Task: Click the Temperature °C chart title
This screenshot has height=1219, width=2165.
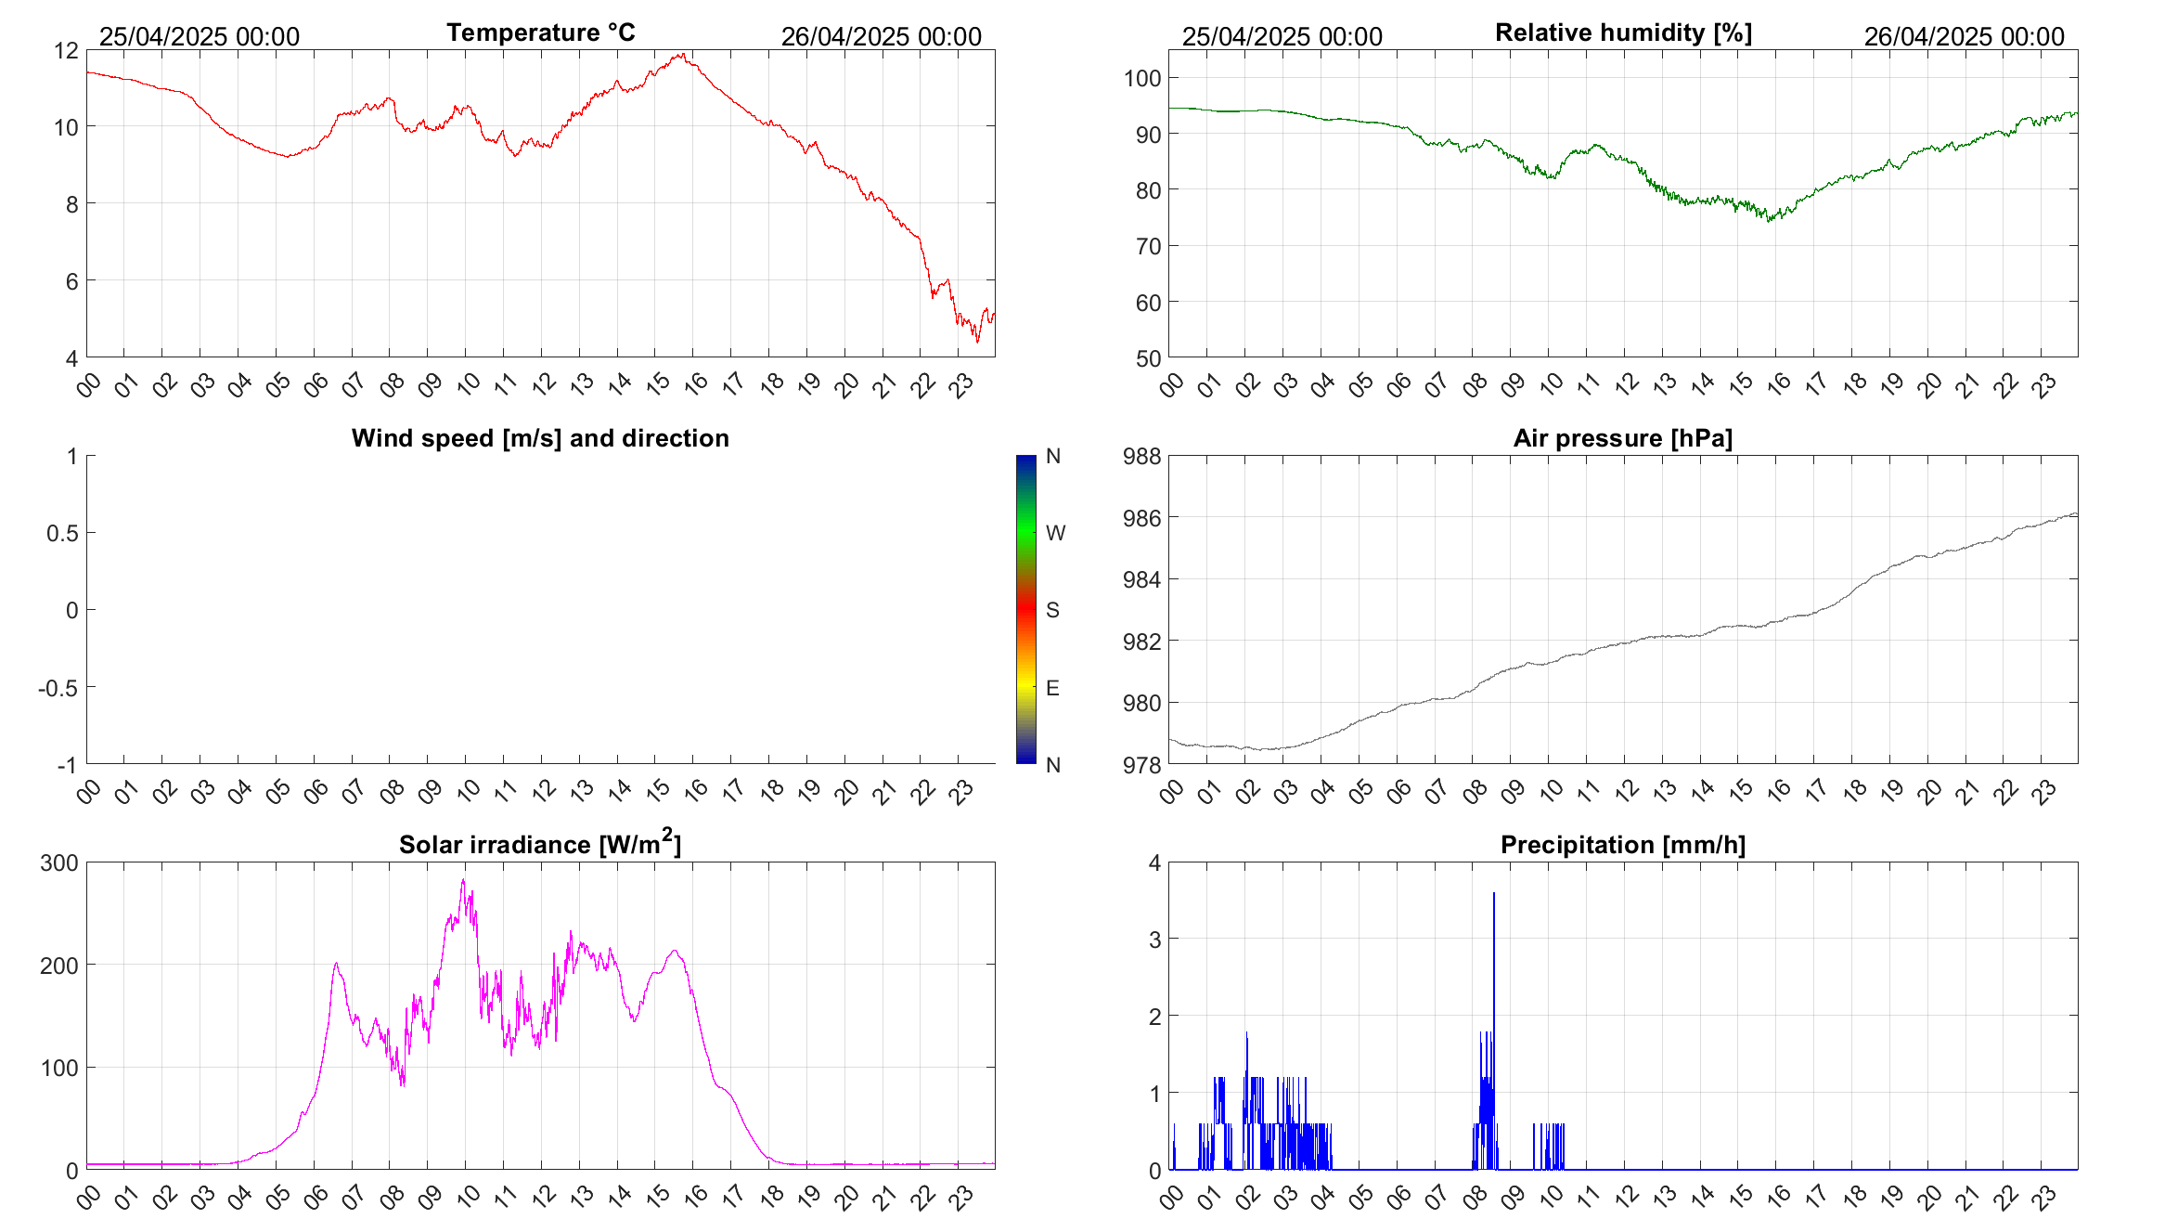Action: click(x=541, y=32)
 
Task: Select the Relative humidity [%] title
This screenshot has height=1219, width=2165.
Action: click(x=1623, y=32)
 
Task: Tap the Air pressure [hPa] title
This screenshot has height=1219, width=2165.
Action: click(x=1623, y=438)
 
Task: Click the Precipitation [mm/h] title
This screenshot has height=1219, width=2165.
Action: click(x=1623, y=845)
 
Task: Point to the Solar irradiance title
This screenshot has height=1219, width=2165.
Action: click(x=540, y=845)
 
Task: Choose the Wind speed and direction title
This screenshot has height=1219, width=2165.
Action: click(x=540, y=438)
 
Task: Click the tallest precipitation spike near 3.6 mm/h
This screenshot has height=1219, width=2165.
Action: click(x=1494, y=894)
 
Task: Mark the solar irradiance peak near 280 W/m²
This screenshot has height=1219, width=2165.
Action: click(x=463, y=881)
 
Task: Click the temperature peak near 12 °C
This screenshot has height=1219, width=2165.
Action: click(x=682, y=55)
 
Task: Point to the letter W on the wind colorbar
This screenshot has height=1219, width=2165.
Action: click(x=1055, y=533)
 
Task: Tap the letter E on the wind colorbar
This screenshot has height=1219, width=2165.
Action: click(x=1052, y=688)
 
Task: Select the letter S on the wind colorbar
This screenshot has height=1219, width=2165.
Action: click(x=1052, y=610)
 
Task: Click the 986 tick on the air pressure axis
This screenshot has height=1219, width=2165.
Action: click(x=1141, y=518)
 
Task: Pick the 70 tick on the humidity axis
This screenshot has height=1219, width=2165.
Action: click(x=1148, y=247)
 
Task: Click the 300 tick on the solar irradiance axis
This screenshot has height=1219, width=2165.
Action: click(x=59, y=863)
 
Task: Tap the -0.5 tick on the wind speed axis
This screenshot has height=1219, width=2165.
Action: click(x=58, y=688)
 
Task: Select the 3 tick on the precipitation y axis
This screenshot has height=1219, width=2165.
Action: click(x=1154, y=940)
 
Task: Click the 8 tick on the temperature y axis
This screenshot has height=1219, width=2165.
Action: click(x=72, y=204)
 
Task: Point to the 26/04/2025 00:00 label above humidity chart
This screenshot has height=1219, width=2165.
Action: click(x=1964, y=37)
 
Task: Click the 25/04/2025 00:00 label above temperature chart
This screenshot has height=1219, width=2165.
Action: click(x=200, y=37)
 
